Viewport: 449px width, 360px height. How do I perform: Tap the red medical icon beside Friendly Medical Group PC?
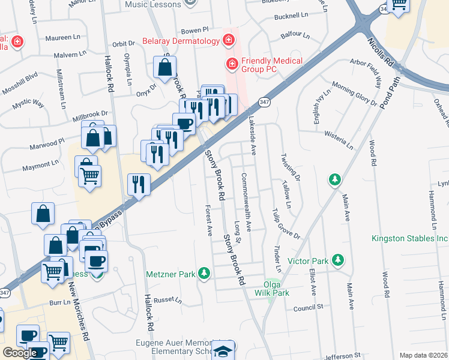click(231, 62)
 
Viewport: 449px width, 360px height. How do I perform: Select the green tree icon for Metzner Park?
click(205, 274)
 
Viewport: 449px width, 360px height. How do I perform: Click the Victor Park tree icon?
click(339, 259)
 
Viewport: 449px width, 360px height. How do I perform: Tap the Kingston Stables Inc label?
click(410, 239)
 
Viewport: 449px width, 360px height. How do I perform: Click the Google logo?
click(20, 353)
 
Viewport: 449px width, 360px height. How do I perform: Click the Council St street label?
click(308, 307)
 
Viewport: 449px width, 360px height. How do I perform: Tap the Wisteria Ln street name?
click(338, 141)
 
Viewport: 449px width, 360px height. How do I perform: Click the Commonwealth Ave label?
click(246, 202)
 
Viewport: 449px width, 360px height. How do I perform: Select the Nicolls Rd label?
click(381, 53)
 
